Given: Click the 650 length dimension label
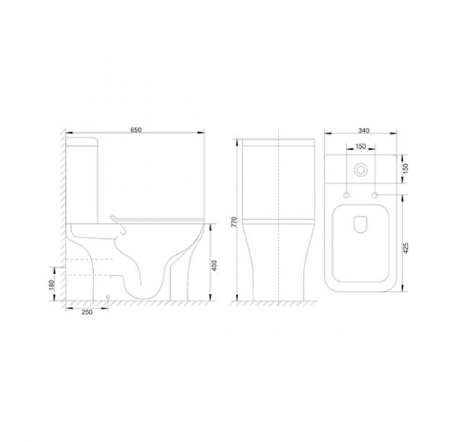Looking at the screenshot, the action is tap(136, 130).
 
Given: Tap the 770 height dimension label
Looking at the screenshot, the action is tap(234, 222).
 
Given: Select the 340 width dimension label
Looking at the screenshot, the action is tap(363, 131).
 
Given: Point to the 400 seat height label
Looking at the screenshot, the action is tap(214, 266).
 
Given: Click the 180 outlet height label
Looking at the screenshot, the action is tap(51, 285).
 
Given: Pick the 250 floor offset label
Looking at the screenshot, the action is tap(87, 312).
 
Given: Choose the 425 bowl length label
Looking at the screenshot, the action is tap(405, 248).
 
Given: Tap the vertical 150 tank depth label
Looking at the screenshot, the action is tap(405, 169).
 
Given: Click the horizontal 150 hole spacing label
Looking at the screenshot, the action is tap(361, 146).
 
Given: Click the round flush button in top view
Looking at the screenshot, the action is tap(360, 169).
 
